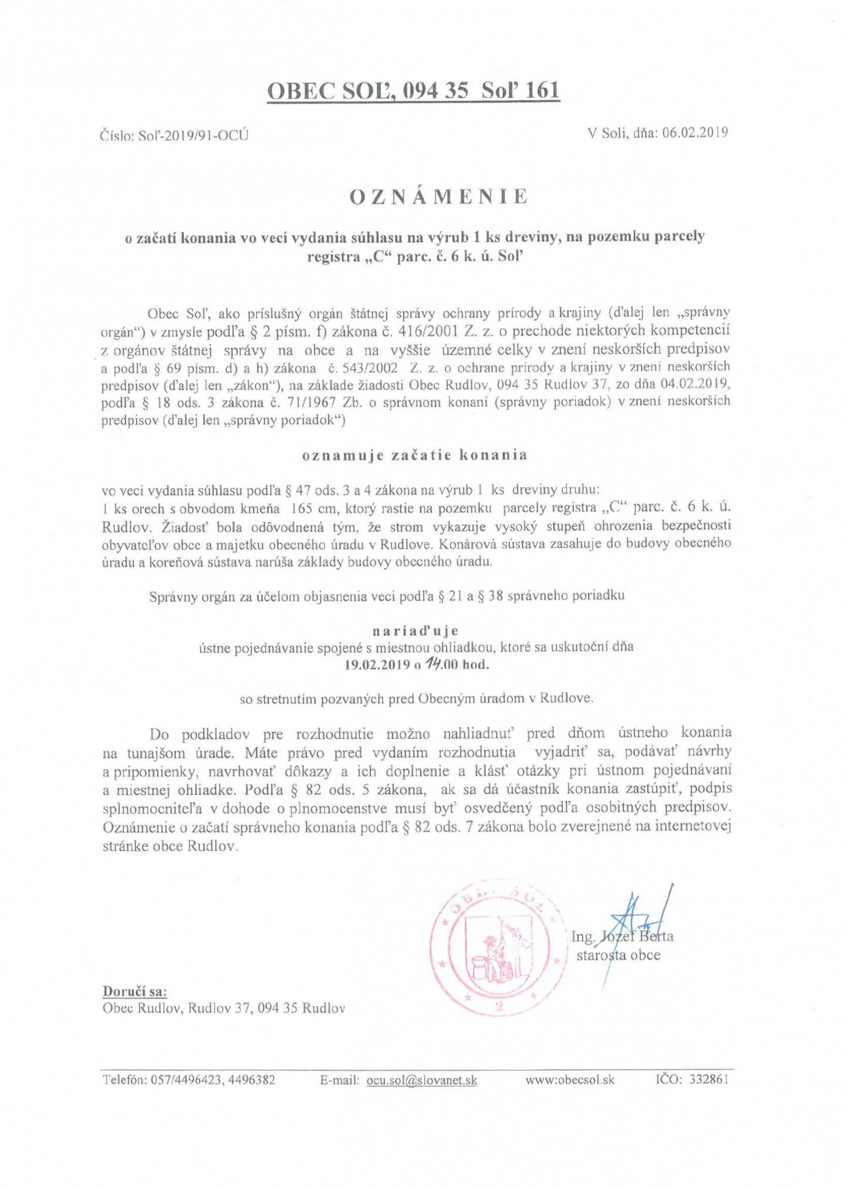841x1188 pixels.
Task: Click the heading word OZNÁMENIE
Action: point(438,197)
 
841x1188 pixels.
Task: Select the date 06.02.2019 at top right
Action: point(695,132)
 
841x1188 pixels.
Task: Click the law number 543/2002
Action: point(366,367)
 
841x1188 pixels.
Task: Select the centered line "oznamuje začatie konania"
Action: point(414,455)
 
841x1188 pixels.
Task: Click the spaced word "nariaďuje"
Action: point(415,631)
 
